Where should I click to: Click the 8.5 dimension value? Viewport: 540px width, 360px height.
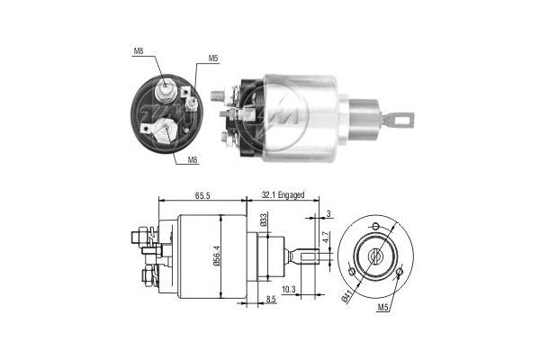pos(271,300)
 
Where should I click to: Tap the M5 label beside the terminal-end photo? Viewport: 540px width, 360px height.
pos(213,58)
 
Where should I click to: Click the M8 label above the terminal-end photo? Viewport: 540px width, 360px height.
pos(139,51)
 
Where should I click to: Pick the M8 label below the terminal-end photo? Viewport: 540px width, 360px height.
pos(193,160)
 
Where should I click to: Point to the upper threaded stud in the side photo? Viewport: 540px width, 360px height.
pos(218,94)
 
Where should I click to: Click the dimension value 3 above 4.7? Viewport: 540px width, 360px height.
pos(329,214)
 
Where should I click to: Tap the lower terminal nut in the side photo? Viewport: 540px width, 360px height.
pos(224,138)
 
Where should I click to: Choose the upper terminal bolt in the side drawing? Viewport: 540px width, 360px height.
pos(139,237)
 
